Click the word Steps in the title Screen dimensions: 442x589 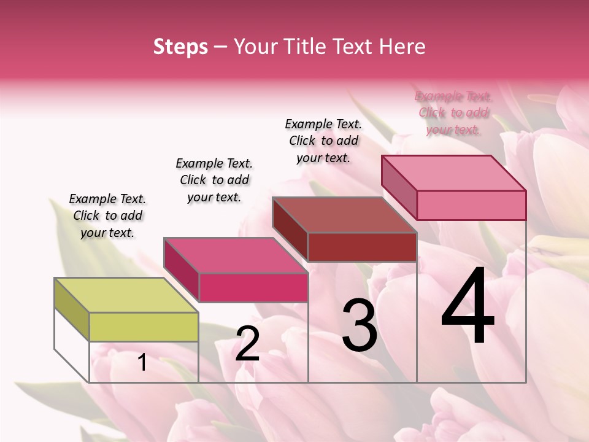pos(180,47)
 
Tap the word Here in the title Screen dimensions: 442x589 pos(403,47)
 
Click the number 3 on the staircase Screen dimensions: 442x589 pos(359,325)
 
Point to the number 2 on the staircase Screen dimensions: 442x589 pos(247,344)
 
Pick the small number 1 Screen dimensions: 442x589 pos(142,363)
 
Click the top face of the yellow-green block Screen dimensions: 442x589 pos(126,295)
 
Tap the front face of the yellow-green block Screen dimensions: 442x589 pos(144,327)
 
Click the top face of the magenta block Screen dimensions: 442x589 pos(235,255)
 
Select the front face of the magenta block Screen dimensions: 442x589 pos(253,287)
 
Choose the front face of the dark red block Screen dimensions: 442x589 pos(362,247)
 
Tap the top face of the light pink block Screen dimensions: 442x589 pos(453,173)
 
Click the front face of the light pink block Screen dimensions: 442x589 pos(471,205)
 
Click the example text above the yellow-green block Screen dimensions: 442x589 pos(107,215)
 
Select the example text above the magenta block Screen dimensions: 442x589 pos(214,180)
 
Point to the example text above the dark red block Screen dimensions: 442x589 pos(323,141)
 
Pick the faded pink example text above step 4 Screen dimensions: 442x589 pos(453,112)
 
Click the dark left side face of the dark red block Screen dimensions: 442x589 pos(290,230)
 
